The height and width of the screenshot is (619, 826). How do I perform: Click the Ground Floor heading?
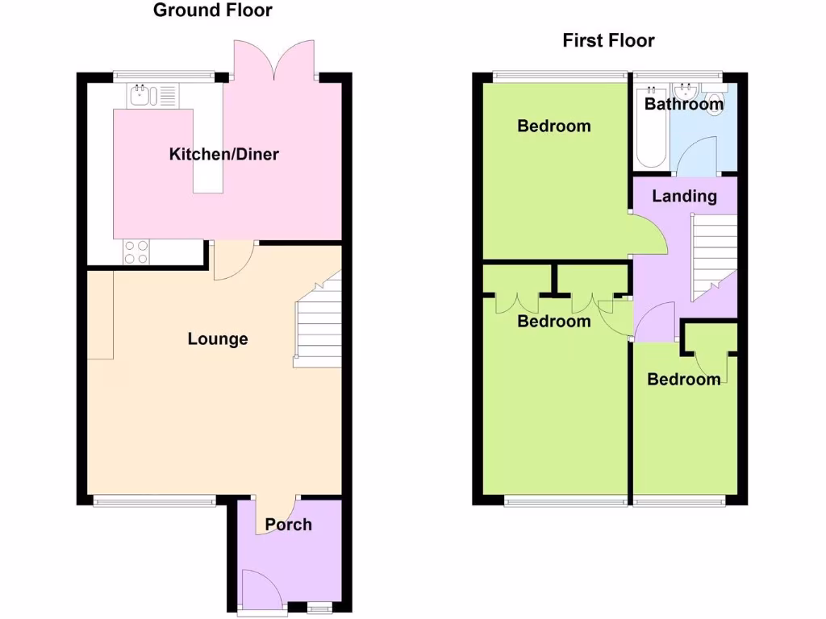click(212, 10)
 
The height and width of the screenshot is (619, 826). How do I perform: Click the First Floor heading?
click(608, 40)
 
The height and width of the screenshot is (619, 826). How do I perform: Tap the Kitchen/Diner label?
click(223, 154)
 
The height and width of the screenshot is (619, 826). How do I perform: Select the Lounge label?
click(218, 339)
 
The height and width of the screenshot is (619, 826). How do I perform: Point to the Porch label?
click(288, 525)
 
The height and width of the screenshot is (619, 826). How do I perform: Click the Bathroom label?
click(683, 104)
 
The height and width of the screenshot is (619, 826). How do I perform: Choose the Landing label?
click(684, 196)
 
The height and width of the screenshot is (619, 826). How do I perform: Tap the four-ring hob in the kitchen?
click(136, 253)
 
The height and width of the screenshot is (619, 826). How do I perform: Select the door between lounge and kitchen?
click(233, 261)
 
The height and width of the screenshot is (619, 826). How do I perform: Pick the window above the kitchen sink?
click(165, 77)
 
